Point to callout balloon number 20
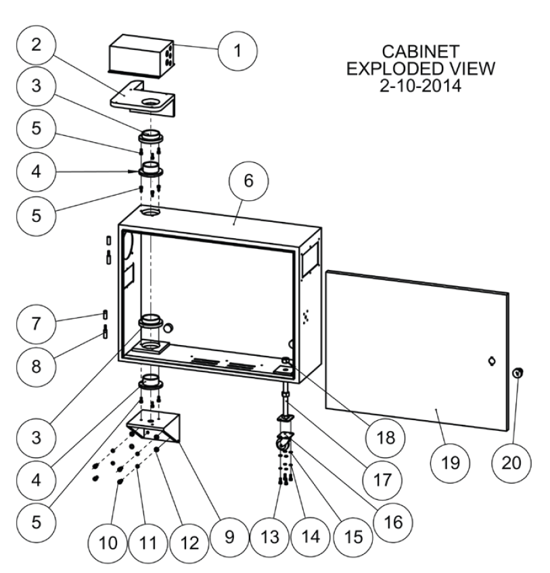click(511, 463)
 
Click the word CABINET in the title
click(420, 51)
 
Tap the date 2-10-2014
click(420, 86)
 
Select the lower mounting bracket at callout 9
click(159, 428)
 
